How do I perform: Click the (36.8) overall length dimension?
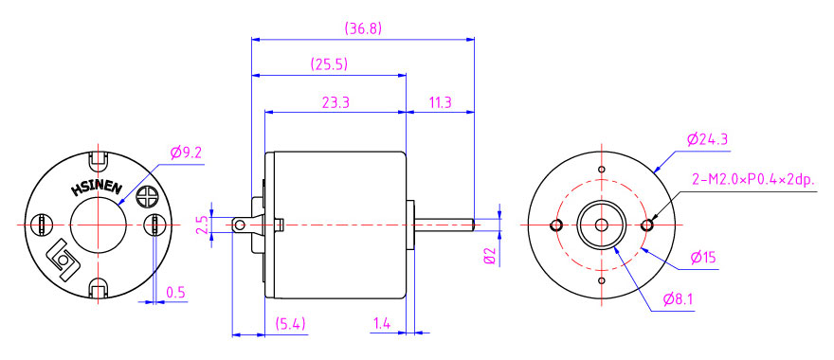pyautogui.click(x=363, y=28)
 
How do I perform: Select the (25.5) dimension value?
pyautogui.click(x=329, y=64)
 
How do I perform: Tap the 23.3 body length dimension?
pyautogui.click(x=335, y=102)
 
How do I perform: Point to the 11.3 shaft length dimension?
pyautogui.click(x=440, y=102)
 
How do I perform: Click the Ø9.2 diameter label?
pyautogui.click(x=186, y=153)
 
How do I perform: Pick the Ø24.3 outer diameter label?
pyautogui.click(x=707, y=140)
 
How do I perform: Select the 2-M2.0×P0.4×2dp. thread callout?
pyautogui.click(x=753, y=180)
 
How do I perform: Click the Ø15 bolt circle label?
pyautogui.click(x=703, y=259)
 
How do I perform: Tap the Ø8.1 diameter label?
pyautogui.click(x=679, y=300)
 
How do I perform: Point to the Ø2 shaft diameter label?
pyautogui.click(x=490, y=256)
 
